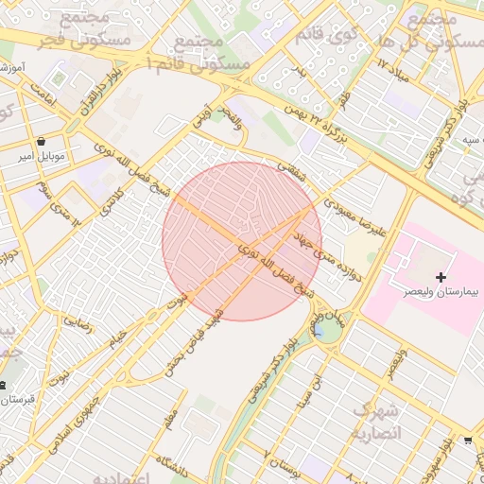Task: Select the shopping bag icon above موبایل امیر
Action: click(40, 141)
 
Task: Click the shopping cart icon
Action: click(469, 441)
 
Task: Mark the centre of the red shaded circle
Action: click(242, 242)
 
